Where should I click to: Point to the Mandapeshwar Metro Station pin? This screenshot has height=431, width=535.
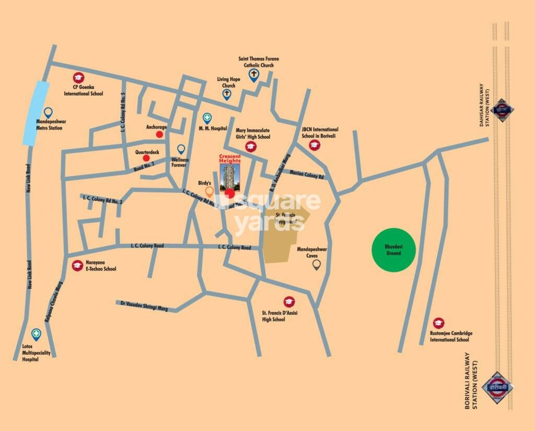pyautogui.click(x=49, y=112)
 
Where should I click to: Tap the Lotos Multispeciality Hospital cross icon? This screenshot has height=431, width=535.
pyautogui.click(x=36, y=333)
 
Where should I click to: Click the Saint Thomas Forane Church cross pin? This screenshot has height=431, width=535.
pyautogui.click(x=254, y=75)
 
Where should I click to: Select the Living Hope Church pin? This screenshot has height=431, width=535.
pyautogui.click(x=227, y=94)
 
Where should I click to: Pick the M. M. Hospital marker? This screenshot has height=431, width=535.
pyautogui.click(x=207, y=118)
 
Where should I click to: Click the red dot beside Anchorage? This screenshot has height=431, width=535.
pyautogui.click(x=160, y=134)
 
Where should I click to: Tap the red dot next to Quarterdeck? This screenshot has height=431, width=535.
pyautogui.click(x=146, y=158)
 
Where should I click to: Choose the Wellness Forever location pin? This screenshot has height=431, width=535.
pyautogui.click(x=181, y=149)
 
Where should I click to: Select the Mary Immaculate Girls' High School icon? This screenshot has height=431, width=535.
pyautogui.click(x=250, y=147)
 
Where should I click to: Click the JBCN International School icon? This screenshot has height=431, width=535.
pyautogui.click(x=314, y=145)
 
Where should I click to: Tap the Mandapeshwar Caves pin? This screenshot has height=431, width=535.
pyautogui.click(x=316, y=264)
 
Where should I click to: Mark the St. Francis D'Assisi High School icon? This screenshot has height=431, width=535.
pyautogui.click(x=288, y=301)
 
